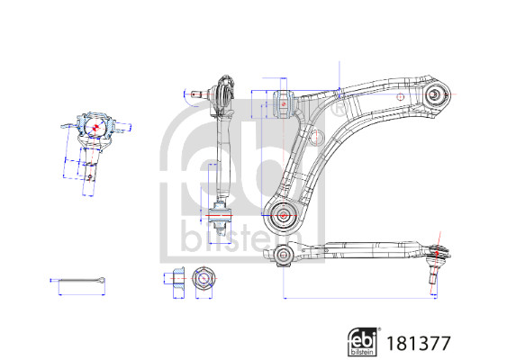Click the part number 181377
pyautogui.click(x=418, y=343)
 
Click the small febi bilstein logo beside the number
pyautogui.click(x=364, y=342)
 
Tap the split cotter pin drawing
pyautogui.click(x=78, y=280)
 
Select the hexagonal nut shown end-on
pyautogui.click(x=203, y=278)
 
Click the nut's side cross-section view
pyautogui.click(x=178, y=278)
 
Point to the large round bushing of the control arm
pyautogui.click(x=284, y=216)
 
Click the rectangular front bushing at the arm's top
pyautogui.click(x=283, y=104)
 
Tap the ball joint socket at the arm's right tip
pyautogui.click(x=434, y=94)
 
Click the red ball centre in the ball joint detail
pyautogui.click(x=95, y=127)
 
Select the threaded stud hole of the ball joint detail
pyautogui.click(x=90, y=176)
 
